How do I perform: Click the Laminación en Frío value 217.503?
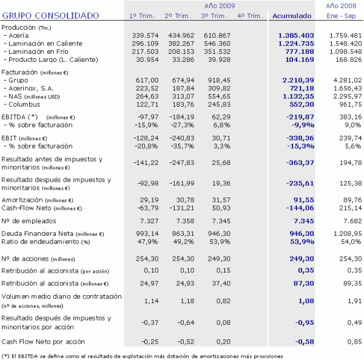coord(147,52)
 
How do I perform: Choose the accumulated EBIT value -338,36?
coord(296,139)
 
